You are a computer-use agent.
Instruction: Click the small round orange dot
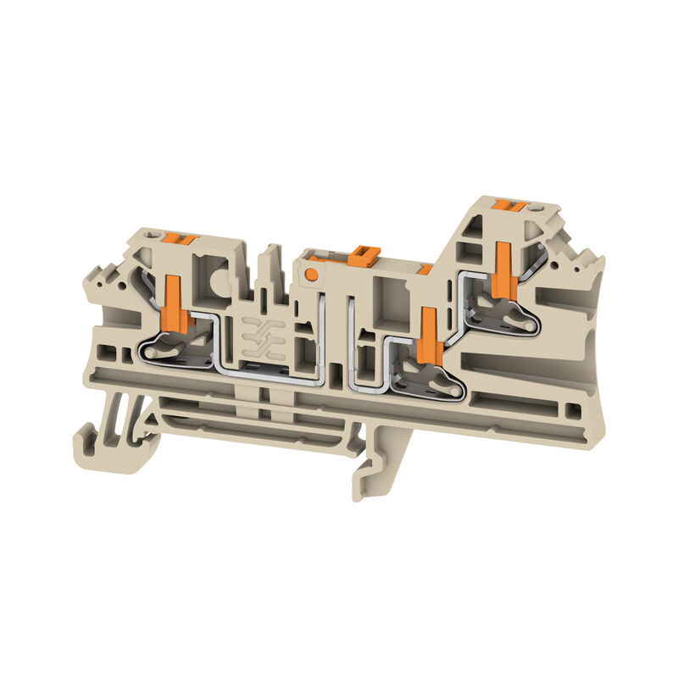click(x=313, y=274)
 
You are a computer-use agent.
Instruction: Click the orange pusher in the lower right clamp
click(x=429, y=336)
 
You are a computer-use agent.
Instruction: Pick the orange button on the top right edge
click(x=510, y=206)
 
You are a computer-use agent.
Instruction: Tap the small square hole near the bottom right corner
click(x=574, y=411)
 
